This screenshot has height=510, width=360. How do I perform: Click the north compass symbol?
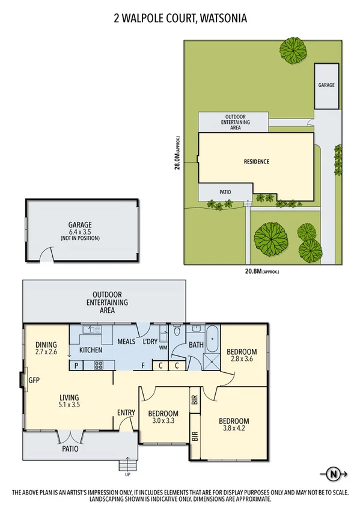334,473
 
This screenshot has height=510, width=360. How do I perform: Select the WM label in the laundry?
162,347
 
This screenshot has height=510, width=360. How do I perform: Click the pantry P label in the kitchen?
76,364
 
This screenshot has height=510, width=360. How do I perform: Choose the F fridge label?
142,364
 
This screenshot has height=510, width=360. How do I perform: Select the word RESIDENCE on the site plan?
256,161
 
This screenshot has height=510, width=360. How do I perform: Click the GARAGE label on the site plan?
326,85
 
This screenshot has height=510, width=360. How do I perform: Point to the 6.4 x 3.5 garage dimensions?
80,232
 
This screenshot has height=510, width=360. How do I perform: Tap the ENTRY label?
126,412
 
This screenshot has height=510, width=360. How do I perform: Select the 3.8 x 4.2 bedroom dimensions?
233,429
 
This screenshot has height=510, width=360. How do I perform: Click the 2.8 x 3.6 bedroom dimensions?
242,360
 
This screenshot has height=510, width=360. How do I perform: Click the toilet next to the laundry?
177,331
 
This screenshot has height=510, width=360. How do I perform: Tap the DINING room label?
46,345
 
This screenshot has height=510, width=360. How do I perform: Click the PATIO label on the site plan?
225,192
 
